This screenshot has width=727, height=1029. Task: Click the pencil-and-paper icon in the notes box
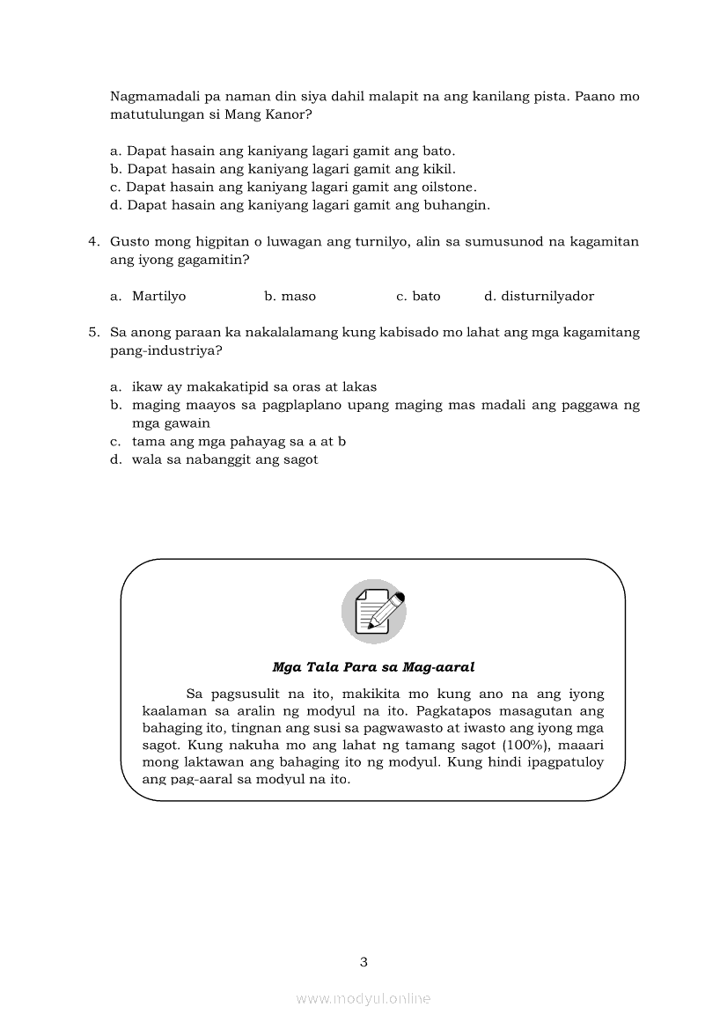(373, 611)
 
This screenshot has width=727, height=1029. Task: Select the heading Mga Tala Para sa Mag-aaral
(373, 667)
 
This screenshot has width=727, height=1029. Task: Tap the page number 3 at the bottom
(363, 961)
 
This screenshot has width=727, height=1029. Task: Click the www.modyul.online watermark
(363, 998)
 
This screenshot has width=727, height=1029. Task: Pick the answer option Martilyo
(158, 297)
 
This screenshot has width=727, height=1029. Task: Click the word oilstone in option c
(447, 187)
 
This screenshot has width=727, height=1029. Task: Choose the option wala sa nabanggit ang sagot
(224, 459)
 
